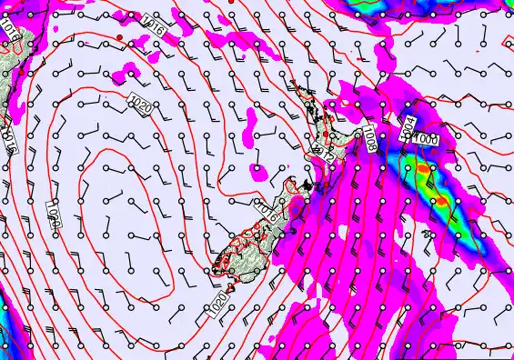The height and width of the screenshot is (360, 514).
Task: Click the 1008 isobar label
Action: pos(370,138)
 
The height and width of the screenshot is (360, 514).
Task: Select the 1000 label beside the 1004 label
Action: pos(426,138)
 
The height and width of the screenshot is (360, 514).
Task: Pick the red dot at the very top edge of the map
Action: pos(231,3)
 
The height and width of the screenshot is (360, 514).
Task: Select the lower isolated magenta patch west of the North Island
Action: pos(260,170)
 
